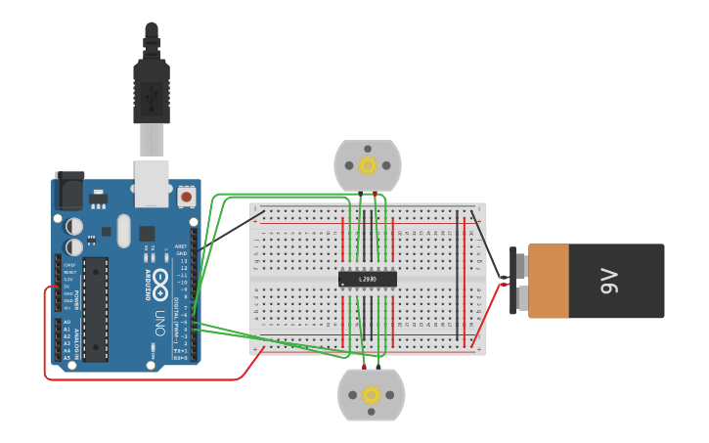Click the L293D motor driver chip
pyautogui.click(x=368, y=279)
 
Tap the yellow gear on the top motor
pyautogui.click(x=368, y=165)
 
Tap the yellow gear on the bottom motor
pyautogui.click(x=371, y=395)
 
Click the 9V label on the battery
pyautogui.click(x=610, y=282)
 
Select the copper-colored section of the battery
pyautogui.click(x=548, y=282)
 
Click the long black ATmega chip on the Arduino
pyautogui.click(x=95, y=308)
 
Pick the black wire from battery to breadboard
pyautogui.click(x=489, y=244)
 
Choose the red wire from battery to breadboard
pyautogui.click(x=489, y=313)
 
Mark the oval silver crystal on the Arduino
pyautogui.click(x=123, y=231)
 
